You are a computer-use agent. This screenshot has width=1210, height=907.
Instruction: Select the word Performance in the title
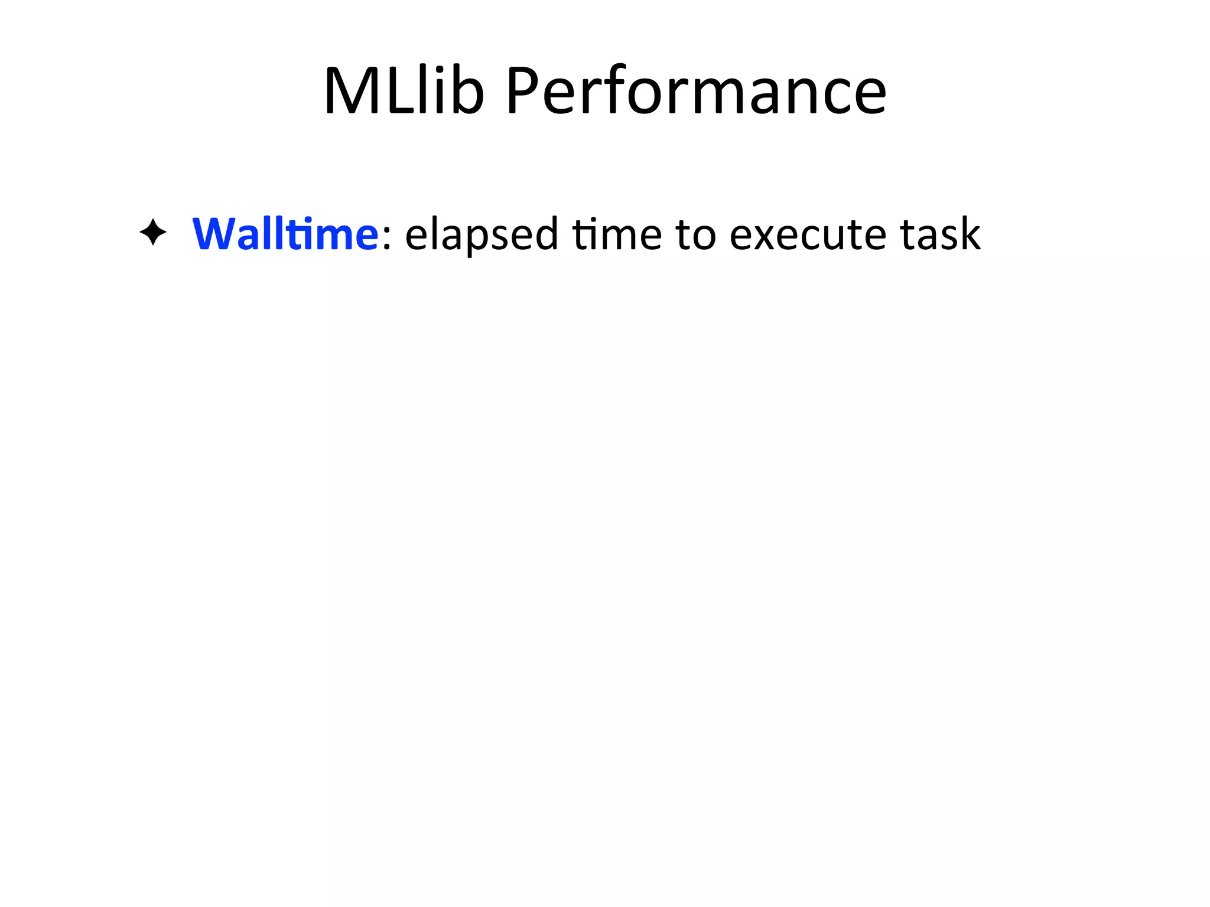coord(696,92)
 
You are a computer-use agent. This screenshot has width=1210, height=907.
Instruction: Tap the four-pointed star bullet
coord(153,233)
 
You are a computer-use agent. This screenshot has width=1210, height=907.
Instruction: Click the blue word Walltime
coord(285,234)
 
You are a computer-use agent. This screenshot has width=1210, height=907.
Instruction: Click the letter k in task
coord(970,233)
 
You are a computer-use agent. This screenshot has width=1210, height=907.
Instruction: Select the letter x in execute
coord(767,236)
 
